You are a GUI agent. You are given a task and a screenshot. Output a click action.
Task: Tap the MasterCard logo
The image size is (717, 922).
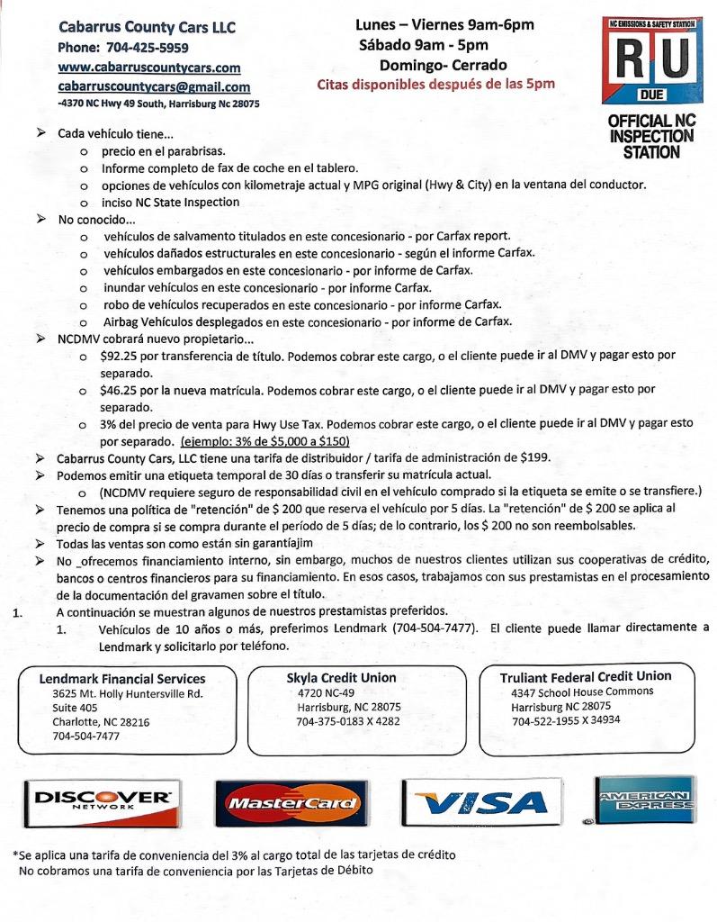click(291, 802)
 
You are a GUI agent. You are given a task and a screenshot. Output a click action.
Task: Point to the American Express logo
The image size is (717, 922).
click(643, 799)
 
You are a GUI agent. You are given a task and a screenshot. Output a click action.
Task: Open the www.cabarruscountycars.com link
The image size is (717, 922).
click(149, 68)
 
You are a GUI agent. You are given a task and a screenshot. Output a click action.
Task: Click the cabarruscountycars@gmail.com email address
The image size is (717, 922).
click(154, 87)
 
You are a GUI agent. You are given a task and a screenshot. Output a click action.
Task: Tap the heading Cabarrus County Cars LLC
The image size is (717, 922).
click(147, 28)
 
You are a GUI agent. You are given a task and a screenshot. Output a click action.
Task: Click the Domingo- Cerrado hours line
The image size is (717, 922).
click(444, 65)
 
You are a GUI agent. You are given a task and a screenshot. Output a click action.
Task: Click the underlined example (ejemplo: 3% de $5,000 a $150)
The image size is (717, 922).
click(264, 441)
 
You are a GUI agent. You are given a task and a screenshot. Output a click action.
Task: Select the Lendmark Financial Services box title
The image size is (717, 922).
click(122, 679)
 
